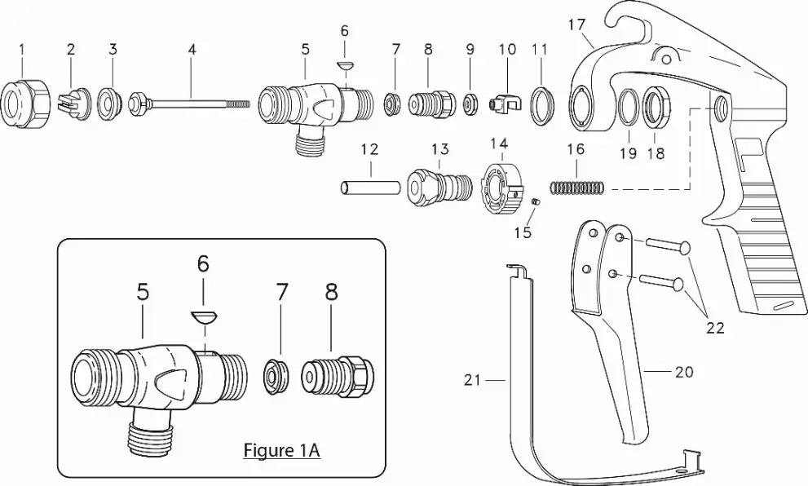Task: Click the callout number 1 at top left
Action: coord(22,50)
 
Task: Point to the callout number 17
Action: coord(576,25)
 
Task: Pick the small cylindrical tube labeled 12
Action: coord(369,187)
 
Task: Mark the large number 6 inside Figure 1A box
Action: coord(203,263)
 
